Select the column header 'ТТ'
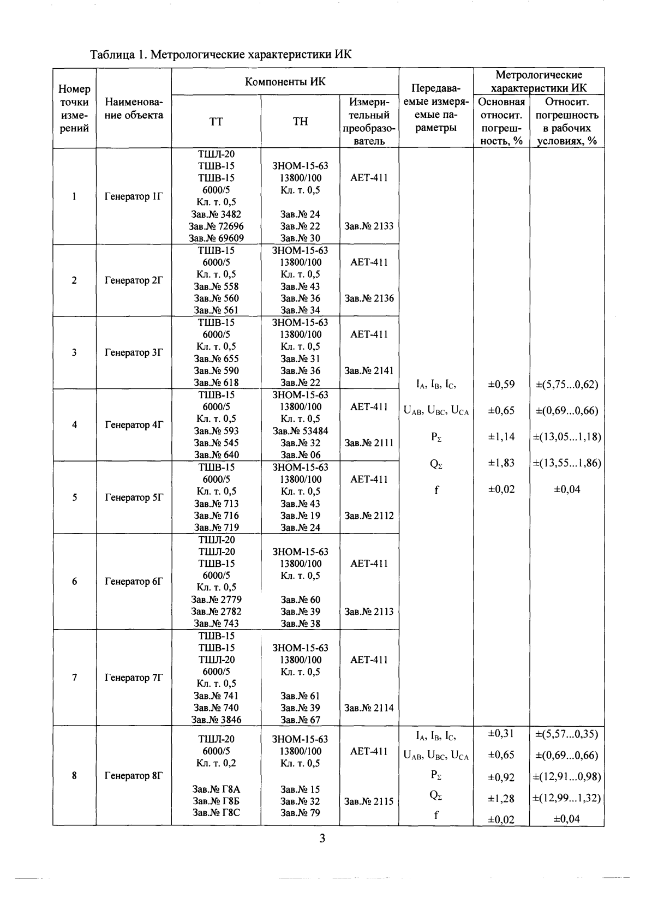coord(216,122)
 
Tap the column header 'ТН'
coord(300,122)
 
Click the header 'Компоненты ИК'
coord(285,81)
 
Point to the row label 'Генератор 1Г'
coord(134,196)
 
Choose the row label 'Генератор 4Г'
coord(134,424)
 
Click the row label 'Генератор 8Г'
coord(134,775)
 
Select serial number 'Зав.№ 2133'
coord(369,226)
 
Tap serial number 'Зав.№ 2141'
coord(369,370)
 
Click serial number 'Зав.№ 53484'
coord(300,430)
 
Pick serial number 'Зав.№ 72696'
coord(216,226)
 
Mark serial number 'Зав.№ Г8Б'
coord(216,801)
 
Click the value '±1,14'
coord(501,436)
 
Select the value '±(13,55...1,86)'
coord(566,463)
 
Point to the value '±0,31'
coord(501,734)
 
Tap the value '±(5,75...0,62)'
coord(566,384)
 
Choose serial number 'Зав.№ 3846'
coord(216,720)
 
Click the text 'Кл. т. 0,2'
coord(216,763)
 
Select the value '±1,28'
coord(501,798)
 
